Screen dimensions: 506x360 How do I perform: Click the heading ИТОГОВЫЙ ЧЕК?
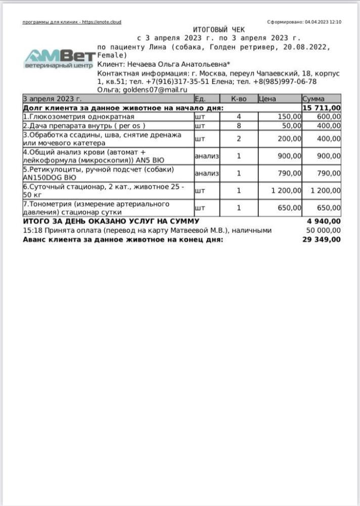pos(218,30)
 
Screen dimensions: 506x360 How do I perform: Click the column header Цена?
pos(267,99)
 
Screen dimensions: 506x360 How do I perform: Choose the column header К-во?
pos(239,99)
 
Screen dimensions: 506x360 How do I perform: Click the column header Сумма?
pos(313,99)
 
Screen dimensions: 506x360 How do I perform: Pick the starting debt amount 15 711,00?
pos(322,108)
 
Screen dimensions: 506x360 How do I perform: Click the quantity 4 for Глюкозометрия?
pos(239,116)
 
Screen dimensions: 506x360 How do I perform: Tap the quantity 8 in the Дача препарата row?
pos(239,125)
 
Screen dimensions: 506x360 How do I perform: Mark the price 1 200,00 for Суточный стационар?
pos(286,191)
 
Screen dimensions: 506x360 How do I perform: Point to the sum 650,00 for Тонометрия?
pos(328,207)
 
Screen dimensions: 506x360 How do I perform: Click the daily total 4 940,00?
pos(324,221)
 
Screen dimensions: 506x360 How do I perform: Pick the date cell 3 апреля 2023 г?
pos(53,99)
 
